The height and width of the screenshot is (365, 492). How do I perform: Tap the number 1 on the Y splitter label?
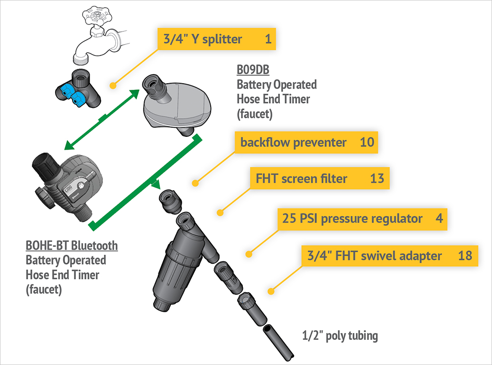pos(268,39)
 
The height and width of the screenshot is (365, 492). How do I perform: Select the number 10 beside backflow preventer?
pos(367,142)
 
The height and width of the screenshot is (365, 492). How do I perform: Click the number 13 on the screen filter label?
pos(377,179)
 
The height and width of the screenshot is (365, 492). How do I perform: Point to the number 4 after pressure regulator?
pos(439,219)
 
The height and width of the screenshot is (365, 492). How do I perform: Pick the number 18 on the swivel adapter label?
pos(465,256)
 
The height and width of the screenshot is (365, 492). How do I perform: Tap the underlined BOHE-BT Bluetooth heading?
pos(72,246)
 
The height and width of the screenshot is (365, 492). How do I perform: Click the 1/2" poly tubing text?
pos(340,336)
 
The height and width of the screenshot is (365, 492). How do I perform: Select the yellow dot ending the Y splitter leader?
pos(113,86)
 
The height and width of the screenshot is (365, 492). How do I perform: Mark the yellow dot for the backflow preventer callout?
pos(195,183)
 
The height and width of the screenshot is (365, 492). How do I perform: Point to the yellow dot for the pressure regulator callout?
pos(248,254)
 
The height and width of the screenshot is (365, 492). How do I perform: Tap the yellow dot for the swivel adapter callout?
pos(271,291)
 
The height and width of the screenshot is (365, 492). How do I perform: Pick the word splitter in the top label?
pos(222,39)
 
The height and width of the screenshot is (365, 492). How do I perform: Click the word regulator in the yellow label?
pos(398,219)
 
